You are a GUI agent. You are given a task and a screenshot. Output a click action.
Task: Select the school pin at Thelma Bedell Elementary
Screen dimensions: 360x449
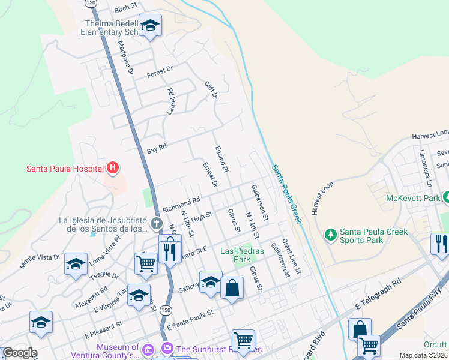(x=150, y=26)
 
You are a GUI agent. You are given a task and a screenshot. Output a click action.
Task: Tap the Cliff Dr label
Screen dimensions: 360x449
(x=210, y=91)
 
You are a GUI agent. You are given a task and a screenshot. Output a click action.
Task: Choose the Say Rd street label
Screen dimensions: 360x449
(x=157, y=147)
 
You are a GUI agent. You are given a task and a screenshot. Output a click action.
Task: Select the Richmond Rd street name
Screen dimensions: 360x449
(x=181, y=203)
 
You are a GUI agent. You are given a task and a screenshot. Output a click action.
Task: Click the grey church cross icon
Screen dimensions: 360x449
(x=157, y=224)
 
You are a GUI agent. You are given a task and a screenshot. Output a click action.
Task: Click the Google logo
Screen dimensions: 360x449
(x=19, y=353)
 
